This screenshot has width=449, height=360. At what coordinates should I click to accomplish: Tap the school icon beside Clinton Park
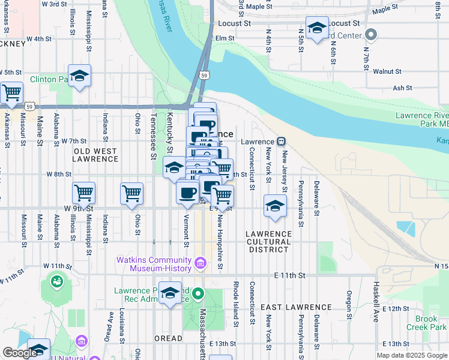[x=79, y=76]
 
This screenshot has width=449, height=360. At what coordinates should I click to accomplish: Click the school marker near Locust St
[x=317, y=28]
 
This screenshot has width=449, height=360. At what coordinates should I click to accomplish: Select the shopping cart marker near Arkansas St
[x=11, y=93]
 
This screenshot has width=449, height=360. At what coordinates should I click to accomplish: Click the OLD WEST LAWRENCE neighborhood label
[x=95, y=155]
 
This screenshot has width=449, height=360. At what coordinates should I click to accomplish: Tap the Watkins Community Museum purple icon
[x=201, y=262]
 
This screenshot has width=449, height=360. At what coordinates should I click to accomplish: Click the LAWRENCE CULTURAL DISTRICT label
[x=269, y=241]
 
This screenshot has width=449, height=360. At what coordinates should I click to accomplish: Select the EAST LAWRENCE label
[x=288, y=307]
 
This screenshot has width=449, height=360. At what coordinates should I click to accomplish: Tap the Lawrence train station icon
[x=281, y=142]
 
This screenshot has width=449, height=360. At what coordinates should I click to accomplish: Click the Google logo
[x=19, y=352]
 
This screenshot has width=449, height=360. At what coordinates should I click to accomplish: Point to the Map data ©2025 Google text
[x=411, y=355]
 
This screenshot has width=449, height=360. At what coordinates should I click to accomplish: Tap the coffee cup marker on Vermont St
[x=188, y=193]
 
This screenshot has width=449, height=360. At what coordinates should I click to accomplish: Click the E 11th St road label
[x=290, y=275]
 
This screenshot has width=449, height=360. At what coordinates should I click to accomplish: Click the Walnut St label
[x=387, y=71]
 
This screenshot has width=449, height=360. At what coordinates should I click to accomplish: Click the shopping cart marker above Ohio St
[x=132, y=193]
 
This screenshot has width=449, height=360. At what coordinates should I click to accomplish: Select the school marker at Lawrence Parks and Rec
[x=170, y=293]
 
